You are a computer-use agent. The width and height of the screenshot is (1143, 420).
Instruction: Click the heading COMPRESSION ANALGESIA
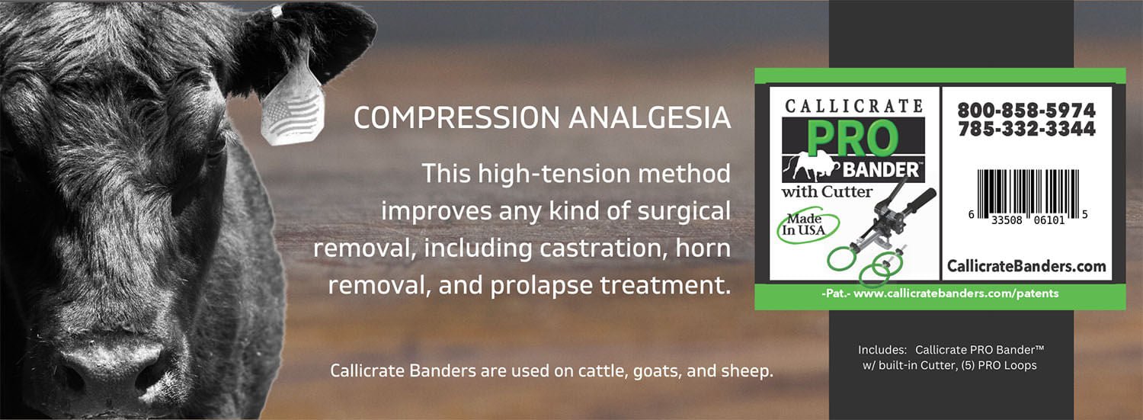pyautogui.click(x=542, y=118)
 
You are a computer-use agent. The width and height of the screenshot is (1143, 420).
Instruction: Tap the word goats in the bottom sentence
pyautogui.click(x=650, y=371)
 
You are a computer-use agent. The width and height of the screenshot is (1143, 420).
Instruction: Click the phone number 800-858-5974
pyautogui.click(x=1026, y=111)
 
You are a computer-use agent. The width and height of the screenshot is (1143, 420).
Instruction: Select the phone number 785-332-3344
pyautogui.click(x=1026, y=130)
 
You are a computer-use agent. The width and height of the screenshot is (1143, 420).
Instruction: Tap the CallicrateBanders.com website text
pyautogui.click(x=1026, y=266)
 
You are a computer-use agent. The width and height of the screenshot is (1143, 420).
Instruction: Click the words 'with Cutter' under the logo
pyautogui.click(x=827, y=191)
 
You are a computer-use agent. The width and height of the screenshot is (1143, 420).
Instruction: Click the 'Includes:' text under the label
pyautogui.click(x=882, y=349)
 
